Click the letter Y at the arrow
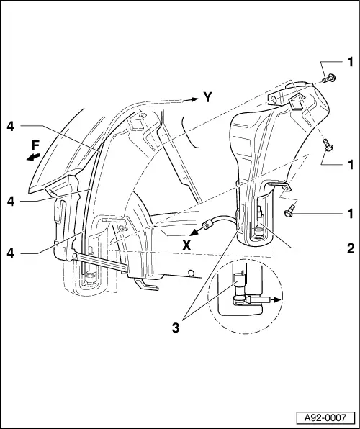(207, 97)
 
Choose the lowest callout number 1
(350, 213)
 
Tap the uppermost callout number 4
(10, 126)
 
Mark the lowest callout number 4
(10, 253)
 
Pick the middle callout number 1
(350, 165)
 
